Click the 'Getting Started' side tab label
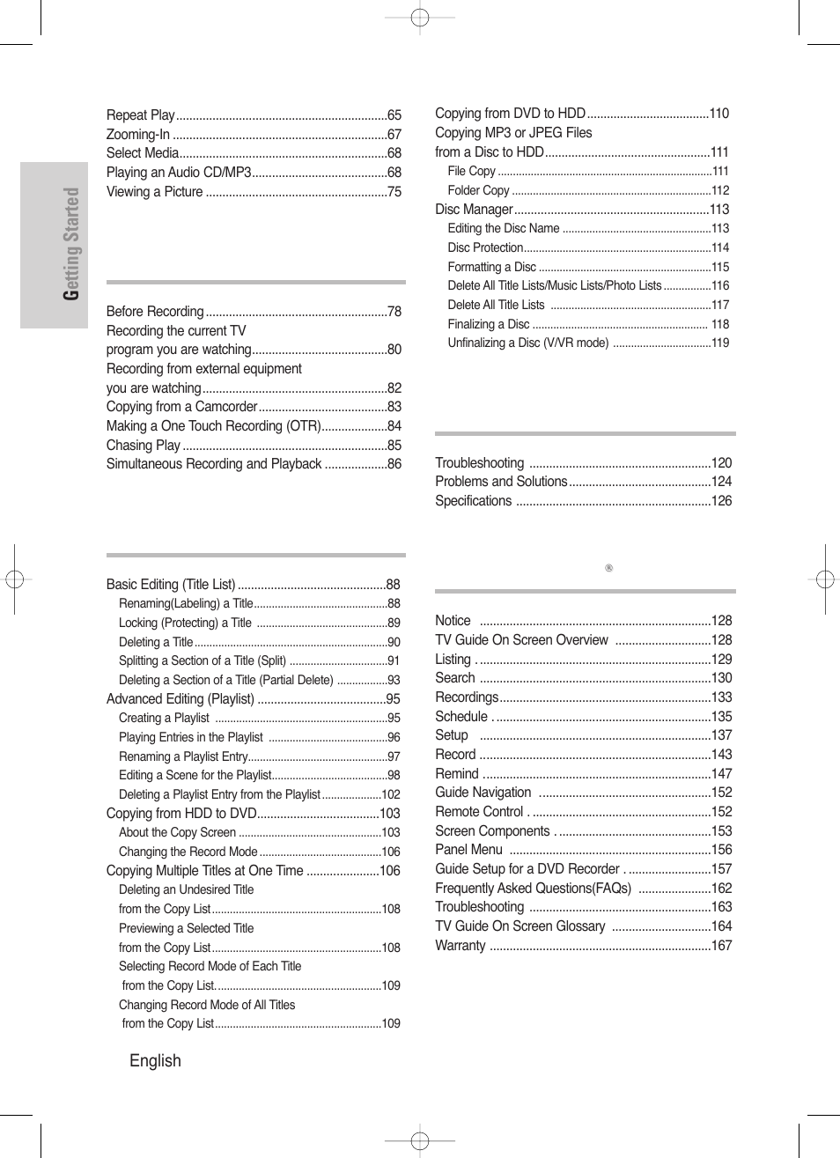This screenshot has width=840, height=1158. [x=70, y=244]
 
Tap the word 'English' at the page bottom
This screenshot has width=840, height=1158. [x=155, y=1061]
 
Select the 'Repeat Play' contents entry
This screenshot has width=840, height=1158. [x=141, y=115]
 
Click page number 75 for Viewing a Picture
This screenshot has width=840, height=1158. [x=394, y=192]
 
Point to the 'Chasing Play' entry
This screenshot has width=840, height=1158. [x=144, y=446]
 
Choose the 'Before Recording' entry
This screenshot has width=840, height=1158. [x=155, y=312]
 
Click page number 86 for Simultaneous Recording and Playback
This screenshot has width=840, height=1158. [x=394, y=464]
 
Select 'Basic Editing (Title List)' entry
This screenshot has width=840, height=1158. [x=171, y=585]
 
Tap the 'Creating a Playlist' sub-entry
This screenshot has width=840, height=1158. [x=164, y=719]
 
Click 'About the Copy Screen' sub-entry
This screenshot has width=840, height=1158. [x=177, y=833]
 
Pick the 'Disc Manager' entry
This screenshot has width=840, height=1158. [x=474, y=210]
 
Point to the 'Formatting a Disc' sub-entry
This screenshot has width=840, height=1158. [x=491, y=268]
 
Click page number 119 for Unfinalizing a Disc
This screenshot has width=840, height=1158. [x=720, y=343]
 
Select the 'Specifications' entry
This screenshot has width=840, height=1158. [x=473, y=501]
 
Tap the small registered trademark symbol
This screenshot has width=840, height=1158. [x=608, y=568]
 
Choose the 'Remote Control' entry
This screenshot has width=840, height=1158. [x=479, y=812]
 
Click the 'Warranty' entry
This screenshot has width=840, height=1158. [x=461, y=946]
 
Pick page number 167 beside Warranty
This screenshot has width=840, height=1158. [x=721, y=946]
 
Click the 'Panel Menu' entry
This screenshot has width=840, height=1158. [x=468, y=850]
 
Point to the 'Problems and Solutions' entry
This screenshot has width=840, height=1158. [x=501, y=482]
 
